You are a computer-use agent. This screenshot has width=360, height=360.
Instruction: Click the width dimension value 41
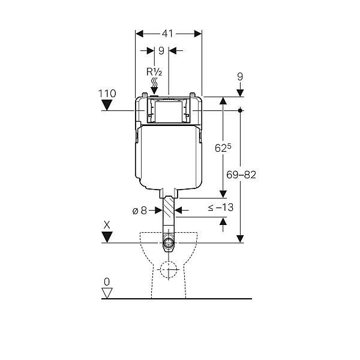(x=167, y=34)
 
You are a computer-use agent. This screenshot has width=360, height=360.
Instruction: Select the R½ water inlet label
(x=154, y=72)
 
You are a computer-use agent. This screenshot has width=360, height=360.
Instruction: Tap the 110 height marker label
(x=107, y=94)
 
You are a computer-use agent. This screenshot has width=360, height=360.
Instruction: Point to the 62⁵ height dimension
(x=223, y=148)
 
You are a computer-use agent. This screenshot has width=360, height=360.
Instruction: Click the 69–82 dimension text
(x=241, y=175)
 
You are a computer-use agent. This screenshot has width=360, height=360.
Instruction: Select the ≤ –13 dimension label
(x=221, y=208)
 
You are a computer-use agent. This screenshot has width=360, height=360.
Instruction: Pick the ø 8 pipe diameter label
(x=140, y=211)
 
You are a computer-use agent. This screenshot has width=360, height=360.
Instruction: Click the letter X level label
(x=107, y=225)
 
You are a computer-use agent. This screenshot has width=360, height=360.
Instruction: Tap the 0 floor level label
(x=107, y=282)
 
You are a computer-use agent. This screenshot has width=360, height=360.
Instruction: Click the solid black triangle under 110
(x=107, y=106)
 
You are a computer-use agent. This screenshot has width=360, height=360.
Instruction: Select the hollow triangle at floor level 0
(x=107, y=293)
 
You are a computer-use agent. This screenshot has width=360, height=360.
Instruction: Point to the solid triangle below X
(x=107, y=237)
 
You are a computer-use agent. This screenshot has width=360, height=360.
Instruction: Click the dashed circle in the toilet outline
(x=169, y=269)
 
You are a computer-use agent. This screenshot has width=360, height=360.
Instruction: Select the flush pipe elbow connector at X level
(x=169, y=243)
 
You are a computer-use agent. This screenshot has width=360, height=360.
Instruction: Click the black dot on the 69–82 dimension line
(x=240, y=110)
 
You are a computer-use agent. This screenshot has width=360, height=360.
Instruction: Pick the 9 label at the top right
(x=240, y=76)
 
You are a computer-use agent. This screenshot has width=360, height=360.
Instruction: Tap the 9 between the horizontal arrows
(x=161, y=51)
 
